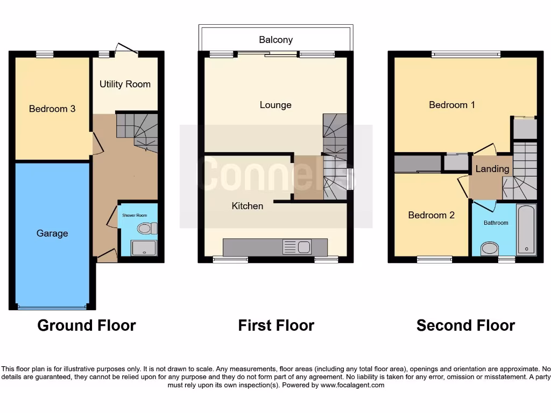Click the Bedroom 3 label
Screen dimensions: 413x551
point(52,109)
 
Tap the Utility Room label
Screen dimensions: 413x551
point(125,84)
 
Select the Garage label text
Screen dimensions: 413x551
point(52,233)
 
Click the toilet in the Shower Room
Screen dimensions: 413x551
point(146,229)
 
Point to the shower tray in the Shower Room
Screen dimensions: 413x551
point(143,247)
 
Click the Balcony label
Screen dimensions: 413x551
point(275,40)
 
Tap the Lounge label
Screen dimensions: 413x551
point(275,105)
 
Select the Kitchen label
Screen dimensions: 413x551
point(248,206)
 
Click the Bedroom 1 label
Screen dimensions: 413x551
point(452,105)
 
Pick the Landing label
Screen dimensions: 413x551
point(492,169)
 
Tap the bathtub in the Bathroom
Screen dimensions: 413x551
point(526,230)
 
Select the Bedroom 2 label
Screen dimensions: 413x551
point(431,215)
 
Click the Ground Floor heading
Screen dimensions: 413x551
point(87,325)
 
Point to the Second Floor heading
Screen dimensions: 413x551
point(465,325)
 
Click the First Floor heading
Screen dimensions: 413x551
point(276,325)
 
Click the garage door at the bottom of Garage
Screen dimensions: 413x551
point(52,308)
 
